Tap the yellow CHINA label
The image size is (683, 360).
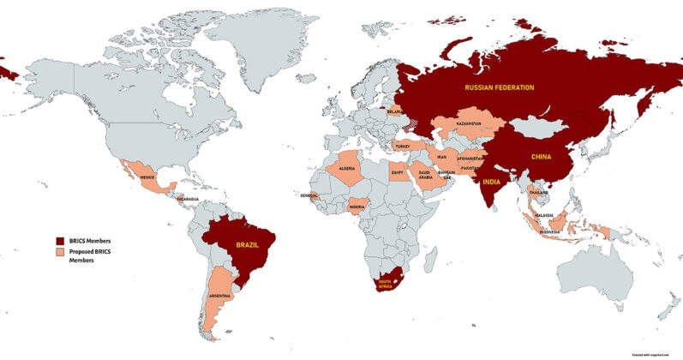pos(540,157)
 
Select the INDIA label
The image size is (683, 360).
pos(492,183)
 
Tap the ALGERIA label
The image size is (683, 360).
pos(348,169)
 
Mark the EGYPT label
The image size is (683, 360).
pos(397,172)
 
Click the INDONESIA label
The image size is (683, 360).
pos(552,231)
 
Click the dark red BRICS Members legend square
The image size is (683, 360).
pos(59,241)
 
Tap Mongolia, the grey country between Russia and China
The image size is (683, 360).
pos(538,128)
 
